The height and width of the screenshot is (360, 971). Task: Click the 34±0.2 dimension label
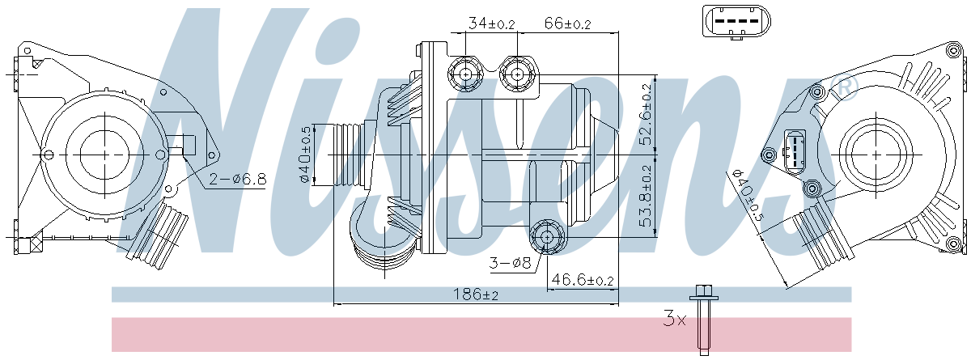tap(491, 23)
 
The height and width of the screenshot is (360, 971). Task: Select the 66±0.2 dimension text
tap(566, 23)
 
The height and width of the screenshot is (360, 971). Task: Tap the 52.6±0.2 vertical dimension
tap(646, 114)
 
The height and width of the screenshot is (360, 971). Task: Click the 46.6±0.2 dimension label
tap(582, 280)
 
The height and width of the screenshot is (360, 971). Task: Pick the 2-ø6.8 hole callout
tap(238, 179)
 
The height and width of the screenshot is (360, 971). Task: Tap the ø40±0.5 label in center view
tap(306, 155)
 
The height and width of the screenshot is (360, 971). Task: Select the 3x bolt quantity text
tap(675, 320)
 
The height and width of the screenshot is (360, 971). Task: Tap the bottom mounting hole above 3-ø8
tap(546, 236)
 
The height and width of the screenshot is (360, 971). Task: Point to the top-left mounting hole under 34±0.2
tap(465, 75)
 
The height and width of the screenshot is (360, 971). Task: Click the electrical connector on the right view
tap(795, 151)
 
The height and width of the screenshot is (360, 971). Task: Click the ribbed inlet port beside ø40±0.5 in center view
tap(350, 155)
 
